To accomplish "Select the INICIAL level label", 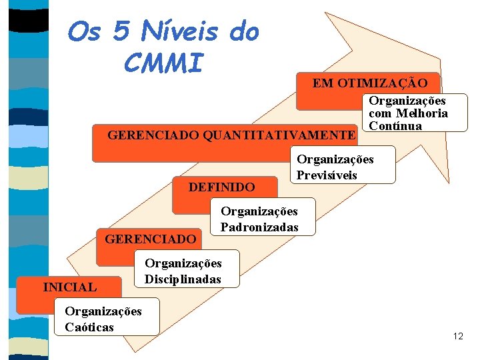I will (69, 287).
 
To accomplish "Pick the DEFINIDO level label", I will (221, 187).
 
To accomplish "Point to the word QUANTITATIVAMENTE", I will (279, 135).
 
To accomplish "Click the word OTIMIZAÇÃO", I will (388, 83).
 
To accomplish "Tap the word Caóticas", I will (89, 327).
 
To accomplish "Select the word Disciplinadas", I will (183, 279).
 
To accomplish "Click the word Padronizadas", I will (259, 227).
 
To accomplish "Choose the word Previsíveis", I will (327, 175).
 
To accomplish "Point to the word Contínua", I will (395, 126).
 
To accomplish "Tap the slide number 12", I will (457, 336).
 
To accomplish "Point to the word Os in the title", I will (85, 31).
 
